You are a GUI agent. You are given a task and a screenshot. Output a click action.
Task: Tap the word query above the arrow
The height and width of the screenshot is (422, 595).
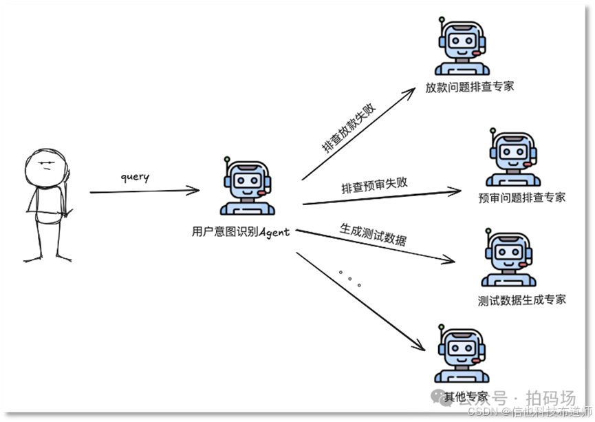click(x=135, y=176)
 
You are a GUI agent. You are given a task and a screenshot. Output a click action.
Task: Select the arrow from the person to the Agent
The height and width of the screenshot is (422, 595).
click(x=144, y=191)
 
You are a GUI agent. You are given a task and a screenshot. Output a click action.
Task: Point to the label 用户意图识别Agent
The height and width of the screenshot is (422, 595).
click(x=241, y=232)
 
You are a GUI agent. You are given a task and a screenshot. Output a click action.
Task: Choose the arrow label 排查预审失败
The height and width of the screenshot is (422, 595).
click(x=374, y=184)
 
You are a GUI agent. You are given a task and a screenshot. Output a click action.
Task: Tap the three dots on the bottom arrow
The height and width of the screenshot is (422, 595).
click(x=349, y=277)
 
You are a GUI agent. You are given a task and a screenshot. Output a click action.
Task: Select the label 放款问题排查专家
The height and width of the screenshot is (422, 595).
click(x=469, y=87)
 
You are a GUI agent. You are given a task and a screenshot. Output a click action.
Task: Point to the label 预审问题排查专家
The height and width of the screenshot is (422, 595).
click(x=521, y=198)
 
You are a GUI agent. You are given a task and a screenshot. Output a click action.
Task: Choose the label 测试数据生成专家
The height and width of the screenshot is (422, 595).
click(x=522, y=299)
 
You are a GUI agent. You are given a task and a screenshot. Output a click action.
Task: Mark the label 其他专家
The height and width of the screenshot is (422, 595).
click(x=466, y=397)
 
